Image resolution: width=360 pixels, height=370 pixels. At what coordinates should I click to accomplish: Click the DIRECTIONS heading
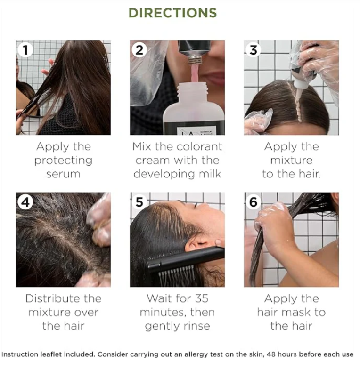(172, 13)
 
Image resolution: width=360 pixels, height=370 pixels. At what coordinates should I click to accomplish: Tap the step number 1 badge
(25, 50)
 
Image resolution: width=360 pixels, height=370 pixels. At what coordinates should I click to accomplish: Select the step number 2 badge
(139, 50)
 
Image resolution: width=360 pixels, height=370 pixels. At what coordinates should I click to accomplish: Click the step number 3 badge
(253, 50)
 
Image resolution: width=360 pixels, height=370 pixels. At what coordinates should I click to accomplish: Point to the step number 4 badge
(25, 202)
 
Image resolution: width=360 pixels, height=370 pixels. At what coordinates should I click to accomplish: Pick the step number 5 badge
(139, 202)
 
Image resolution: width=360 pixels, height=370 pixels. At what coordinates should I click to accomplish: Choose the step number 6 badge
(253, 202)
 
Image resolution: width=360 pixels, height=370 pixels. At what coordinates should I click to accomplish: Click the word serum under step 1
(63, 174)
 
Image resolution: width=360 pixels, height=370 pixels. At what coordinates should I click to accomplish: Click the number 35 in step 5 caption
(202, 298)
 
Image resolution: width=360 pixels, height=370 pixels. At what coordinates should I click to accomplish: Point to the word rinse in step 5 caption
(196, 326)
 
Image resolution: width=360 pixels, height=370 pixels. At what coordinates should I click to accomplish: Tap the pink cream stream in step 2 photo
(195, 73)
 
